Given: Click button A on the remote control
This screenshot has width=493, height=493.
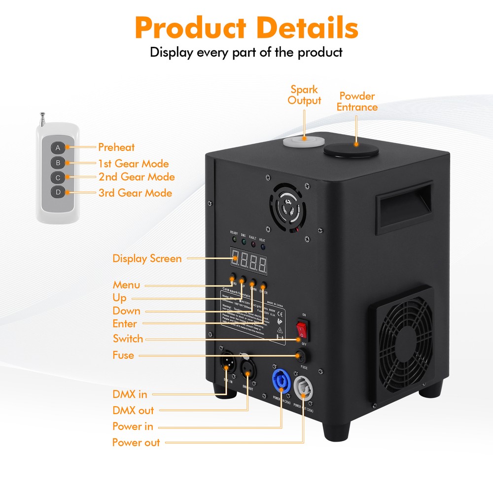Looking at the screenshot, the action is pyautogui.click(x=58, y=147).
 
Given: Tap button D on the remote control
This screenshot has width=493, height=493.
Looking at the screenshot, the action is pyautogui.click(x=58, y=191).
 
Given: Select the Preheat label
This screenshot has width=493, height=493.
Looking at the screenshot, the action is pyautogui.click(x=116, y=147).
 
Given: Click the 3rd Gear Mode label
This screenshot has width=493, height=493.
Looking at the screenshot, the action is pyautogui.click(x=135, y=193).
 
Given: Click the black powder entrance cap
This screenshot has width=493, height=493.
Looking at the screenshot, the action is pyautogui.click(x=351, y=148).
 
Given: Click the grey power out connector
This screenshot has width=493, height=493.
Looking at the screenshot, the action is pyautogui.click(x=303, y=388).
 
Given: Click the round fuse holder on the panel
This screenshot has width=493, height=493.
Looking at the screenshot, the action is pyautogui.click(x=299, y=355).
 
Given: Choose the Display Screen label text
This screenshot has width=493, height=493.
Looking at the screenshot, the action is pyautogui.click(x=147, y=258).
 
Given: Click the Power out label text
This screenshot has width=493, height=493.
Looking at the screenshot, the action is pyautogui.click(x=136, y=442).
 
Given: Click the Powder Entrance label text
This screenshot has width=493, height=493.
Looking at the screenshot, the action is pyautogui.click(x=357, y=102).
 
